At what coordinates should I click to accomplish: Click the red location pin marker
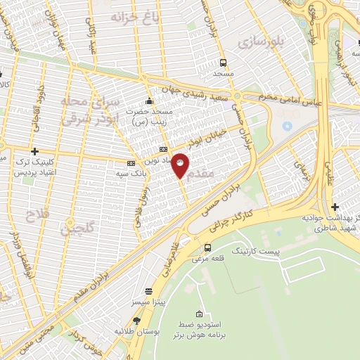pyautogui.click(x=181, y=165)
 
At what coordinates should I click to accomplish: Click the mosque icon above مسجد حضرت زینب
pyautogui.click(x=149, y=99)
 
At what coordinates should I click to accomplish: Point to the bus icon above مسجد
pyautogui.click(x=223, y=62)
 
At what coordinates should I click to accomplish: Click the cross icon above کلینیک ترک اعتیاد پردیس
pyautogui.click(x=34, y=151)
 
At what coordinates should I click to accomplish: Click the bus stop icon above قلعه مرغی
pyautogui.click(x=207, y=247)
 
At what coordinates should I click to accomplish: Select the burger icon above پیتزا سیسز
pyautogui.click(x=148, y=290)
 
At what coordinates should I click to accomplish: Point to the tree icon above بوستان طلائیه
pyautogui.click(x=136, y=320)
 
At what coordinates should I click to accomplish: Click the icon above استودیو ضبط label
pyautogui.click(x=199, y=314)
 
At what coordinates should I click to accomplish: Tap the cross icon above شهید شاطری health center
pyautogui.click(x=335, y=207)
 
